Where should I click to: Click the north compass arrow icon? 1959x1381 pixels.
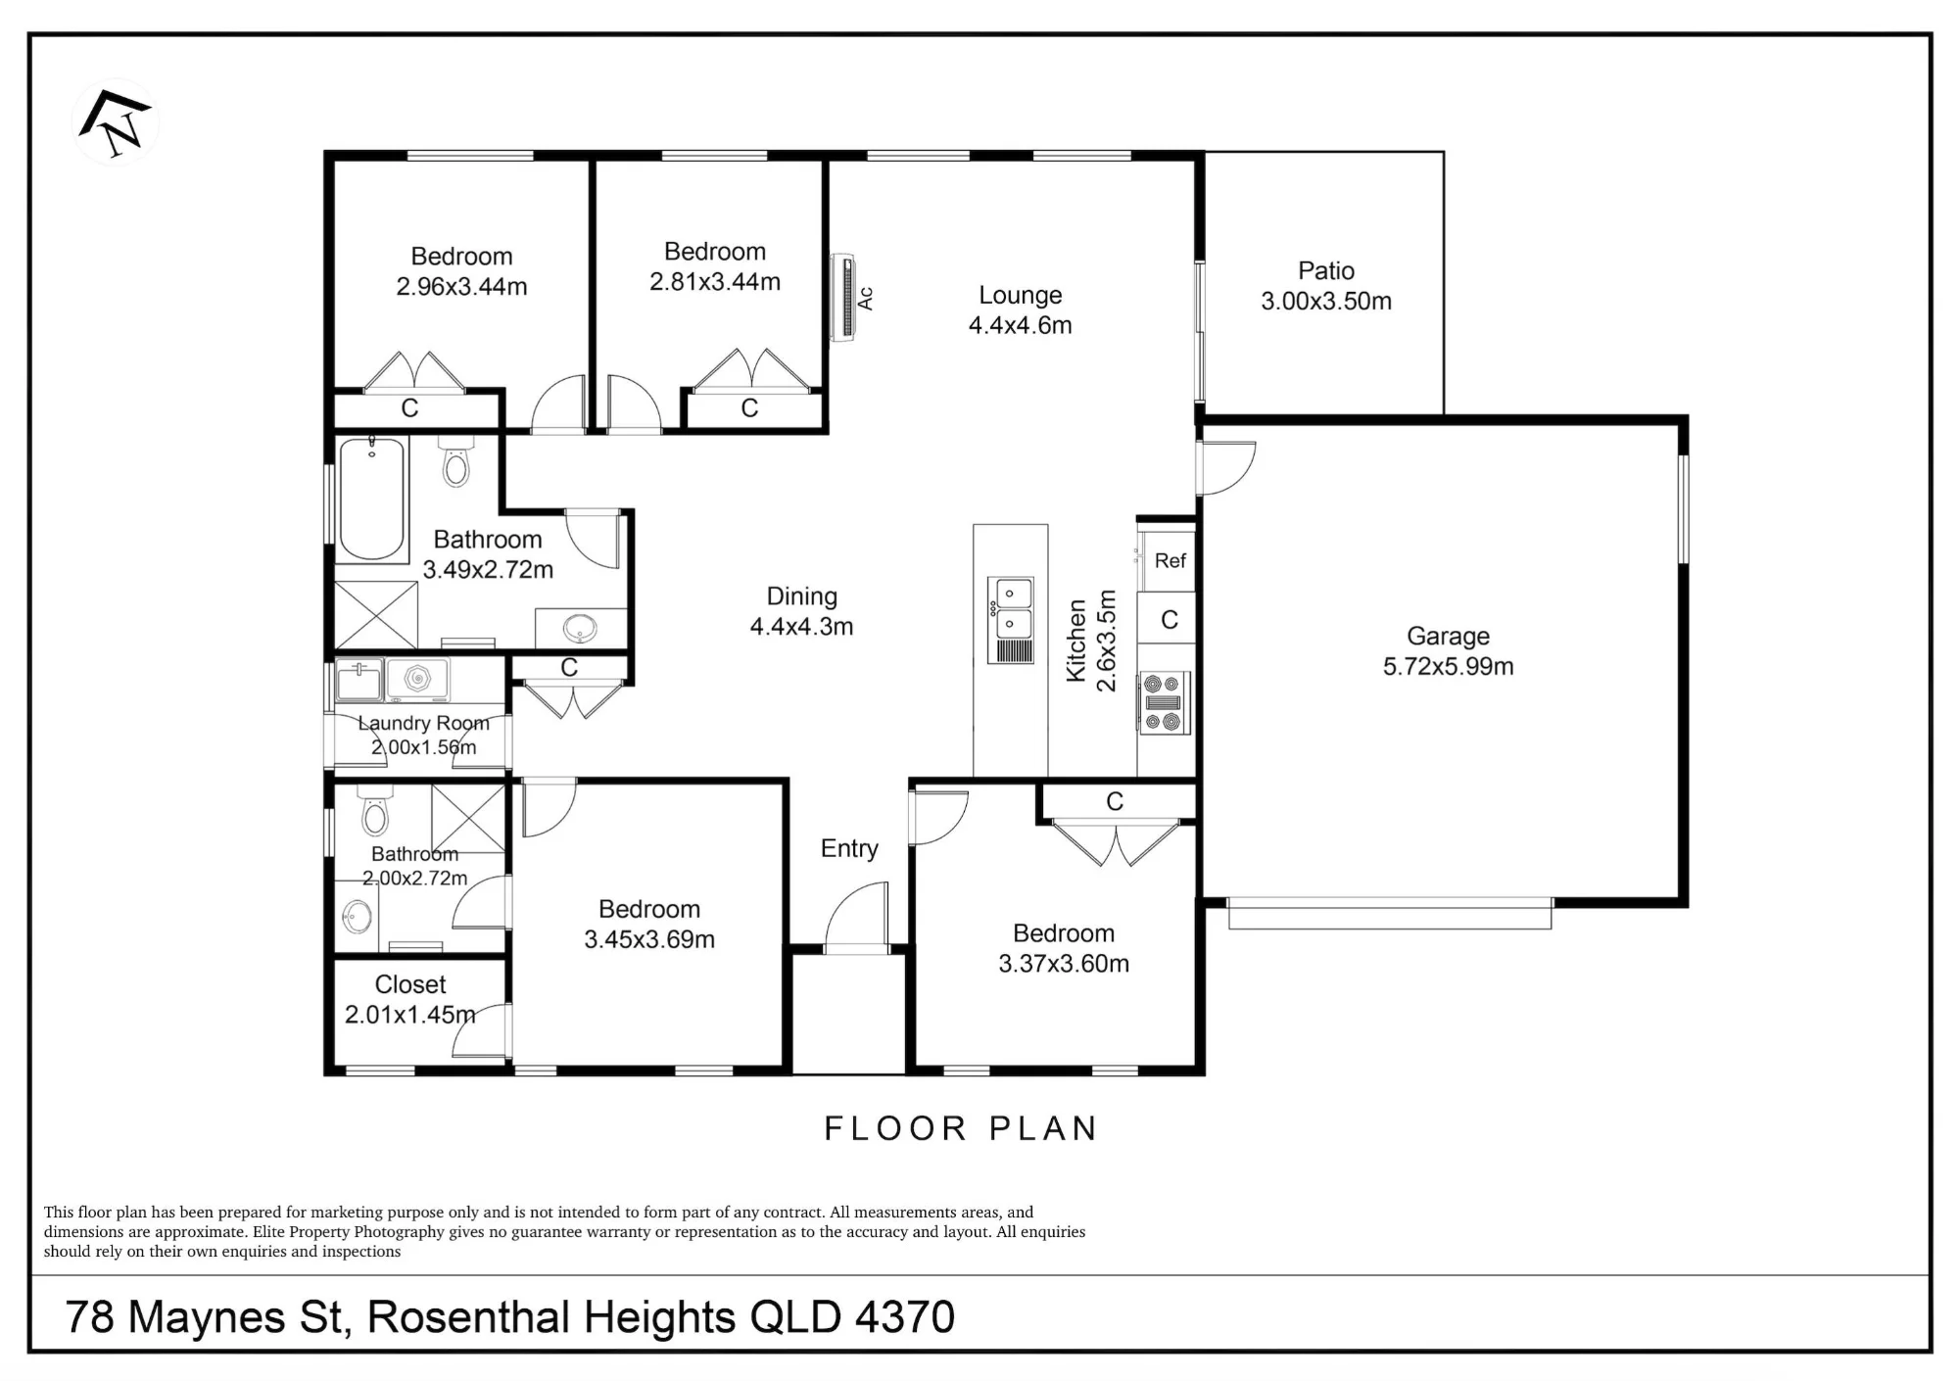click(116, 122)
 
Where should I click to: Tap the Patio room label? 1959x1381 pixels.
click(1326, 270)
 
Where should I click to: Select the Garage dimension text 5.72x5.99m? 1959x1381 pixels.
click(1448, 667)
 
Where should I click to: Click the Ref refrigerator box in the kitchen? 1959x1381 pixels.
click(1168, 560)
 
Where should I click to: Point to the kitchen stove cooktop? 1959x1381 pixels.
click(1164, 702)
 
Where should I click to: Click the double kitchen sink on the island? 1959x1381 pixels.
click(1010, 620)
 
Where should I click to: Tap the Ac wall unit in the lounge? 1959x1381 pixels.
click(843, 298)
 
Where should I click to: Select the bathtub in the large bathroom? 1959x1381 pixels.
click(372, 500)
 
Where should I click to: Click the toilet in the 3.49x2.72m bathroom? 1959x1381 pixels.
click(456, 462)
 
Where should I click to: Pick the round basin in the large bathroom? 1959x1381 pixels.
click(581, 628)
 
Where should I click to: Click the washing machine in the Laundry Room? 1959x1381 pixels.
click(417, 680)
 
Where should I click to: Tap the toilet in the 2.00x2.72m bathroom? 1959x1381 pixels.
click(375, 809)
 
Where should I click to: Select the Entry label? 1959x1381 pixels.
click(849, 849)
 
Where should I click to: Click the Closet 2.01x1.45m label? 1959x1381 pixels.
click(410, 1000)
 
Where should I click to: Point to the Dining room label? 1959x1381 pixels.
click(801, 596)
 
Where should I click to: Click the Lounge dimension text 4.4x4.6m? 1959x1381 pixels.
click(1021, 326)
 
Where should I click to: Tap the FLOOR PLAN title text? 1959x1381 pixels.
click(960, 1128)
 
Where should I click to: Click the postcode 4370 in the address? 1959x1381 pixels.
click(905, 1317)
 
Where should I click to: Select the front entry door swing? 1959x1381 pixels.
click(857, 916)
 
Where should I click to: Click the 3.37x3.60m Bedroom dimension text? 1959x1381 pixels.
click(1064, 964)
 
